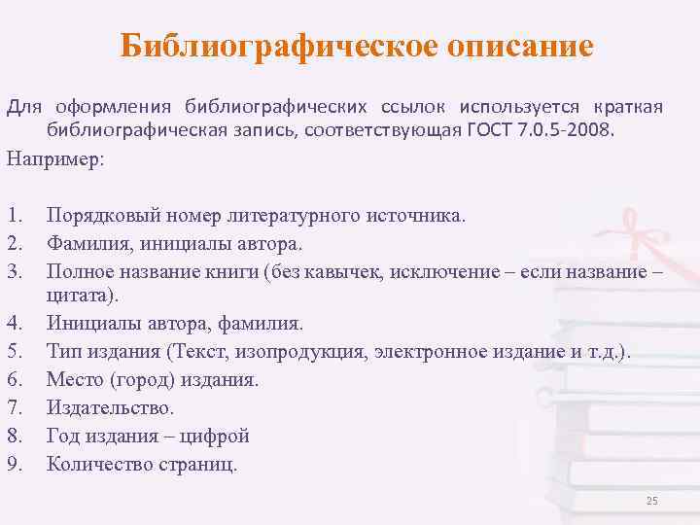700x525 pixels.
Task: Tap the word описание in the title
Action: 515,46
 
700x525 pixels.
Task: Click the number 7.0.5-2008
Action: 572,129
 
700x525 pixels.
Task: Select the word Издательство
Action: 111,407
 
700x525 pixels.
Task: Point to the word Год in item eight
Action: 62,436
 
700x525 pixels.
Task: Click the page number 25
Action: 651,500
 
